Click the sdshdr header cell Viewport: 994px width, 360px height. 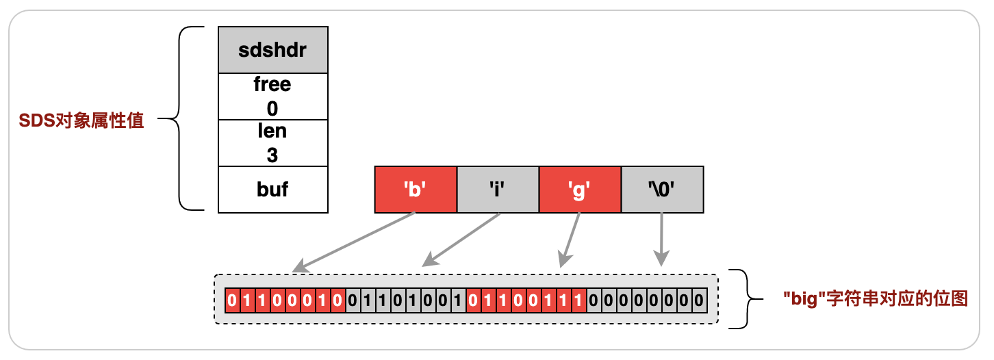(x=272, y=50)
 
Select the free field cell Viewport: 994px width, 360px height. (x=272, y=96)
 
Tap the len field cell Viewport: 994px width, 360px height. (x=272, y=142)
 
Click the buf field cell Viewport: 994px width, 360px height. (x=272, y=189)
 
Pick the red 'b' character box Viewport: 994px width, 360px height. (x=416, y=189)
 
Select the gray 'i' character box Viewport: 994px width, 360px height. (x=498, y=189)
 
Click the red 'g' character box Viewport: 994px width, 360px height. (x=580, y=189)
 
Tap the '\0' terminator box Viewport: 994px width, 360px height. (x=662, y=189)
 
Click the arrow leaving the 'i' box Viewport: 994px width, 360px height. (x=460, y=240)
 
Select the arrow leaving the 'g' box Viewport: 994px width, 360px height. (x=570, y=240)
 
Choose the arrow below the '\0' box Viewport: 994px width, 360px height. (x=661, y=240)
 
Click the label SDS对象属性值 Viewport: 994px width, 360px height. (x=81, y=122)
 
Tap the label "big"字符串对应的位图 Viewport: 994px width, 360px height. (x=876, y=299)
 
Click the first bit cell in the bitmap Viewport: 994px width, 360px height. (x=231, y=300)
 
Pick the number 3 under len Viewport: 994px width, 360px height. (x=272, y=155)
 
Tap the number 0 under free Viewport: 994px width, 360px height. (x=272, y=108)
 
